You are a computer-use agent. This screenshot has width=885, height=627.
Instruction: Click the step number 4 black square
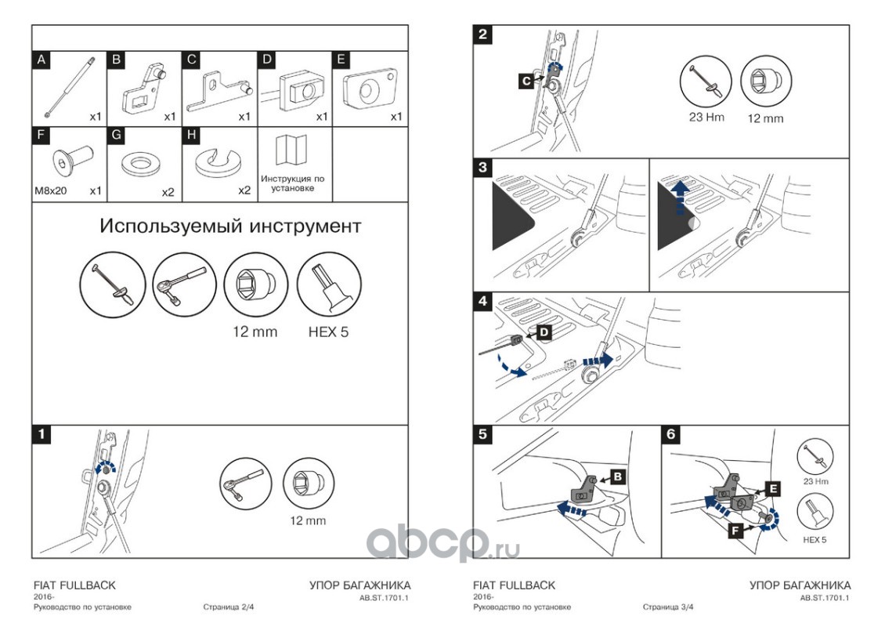tap(483, 300)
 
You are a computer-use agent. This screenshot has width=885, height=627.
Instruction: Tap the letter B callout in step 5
tap(617, 476)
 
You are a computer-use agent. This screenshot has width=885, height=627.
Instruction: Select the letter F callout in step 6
tap(736, 531)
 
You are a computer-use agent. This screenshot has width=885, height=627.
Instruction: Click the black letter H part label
tap(191, 135)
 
